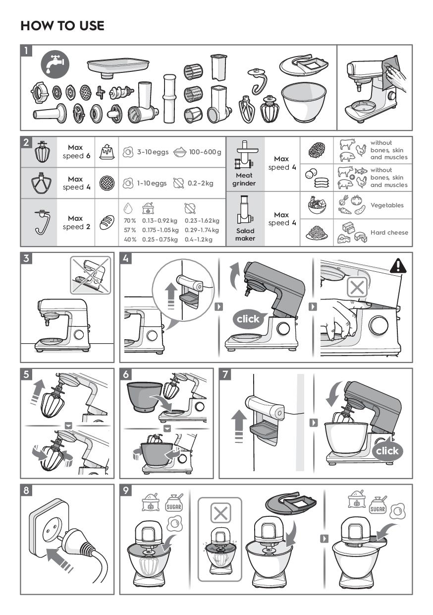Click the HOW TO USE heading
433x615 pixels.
tap(62, 25)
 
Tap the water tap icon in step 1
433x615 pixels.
tap(55, 64)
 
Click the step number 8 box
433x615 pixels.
tap(26, 491)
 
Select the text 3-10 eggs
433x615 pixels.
tap(153, 152)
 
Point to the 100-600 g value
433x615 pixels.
tap(205, 152)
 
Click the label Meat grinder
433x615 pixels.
tap(244, 179)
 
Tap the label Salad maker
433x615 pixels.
tap(245, 235)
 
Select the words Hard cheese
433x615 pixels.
tap(389, 232)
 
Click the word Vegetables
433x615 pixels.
tap(387, 205)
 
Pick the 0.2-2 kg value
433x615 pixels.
tap(201, 183)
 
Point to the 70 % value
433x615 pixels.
tap(130, 221)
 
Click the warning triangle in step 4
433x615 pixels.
tap(398, 265)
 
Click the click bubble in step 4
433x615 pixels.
tap(248, 319)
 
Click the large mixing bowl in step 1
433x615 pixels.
tap(304, 102)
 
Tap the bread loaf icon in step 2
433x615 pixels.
tap(107, 222)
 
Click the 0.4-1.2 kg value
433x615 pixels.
tap(198, 240)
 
